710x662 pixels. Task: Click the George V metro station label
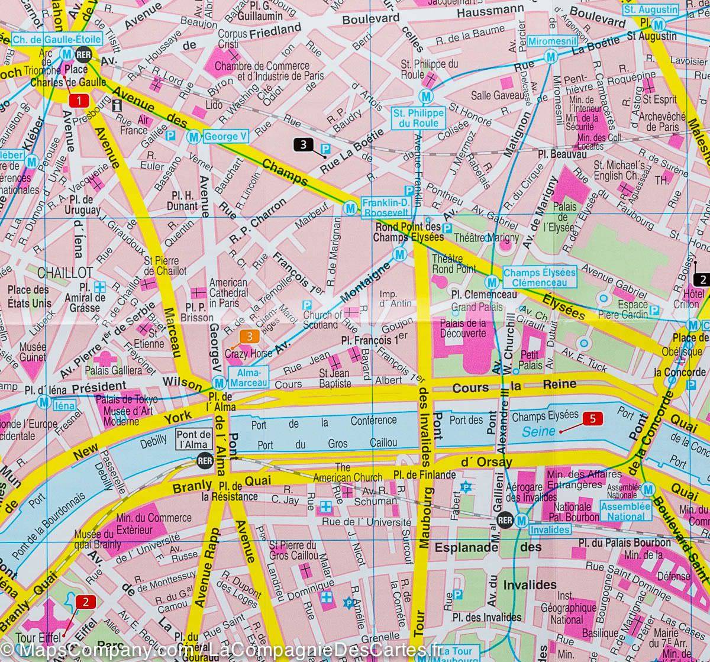click(x=224, y=137)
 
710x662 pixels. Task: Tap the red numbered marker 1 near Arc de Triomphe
click(x=78, y=101)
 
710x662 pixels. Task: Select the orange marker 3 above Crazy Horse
click(x=249, y=337)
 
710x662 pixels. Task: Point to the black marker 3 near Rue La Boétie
click(x=302, y=144)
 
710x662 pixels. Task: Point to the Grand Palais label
click(x=477, y=307)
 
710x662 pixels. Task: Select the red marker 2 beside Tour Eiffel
click(x=86, y=603)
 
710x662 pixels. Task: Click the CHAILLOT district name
click(x=64, y=273)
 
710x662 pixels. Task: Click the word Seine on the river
click(x=539, y=431)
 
